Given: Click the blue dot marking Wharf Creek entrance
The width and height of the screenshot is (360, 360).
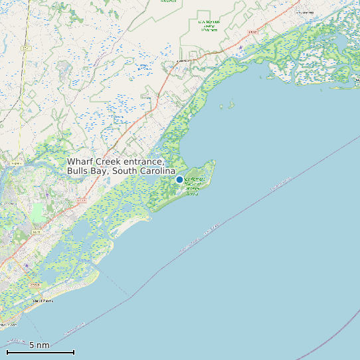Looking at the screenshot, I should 179,179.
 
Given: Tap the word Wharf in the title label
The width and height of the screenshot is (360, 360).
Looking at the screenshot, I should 80,162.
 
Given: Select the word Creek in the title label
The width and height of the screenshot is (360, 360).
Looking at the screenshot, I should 110,162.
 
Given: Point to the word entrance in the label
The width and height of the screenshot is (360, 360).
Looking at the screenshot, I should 145,162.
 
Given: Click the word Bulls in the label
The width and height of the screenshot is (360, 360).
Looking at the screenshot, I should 78,171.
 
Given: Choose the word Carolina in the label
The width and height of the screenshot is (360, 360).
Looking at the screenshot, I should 157,171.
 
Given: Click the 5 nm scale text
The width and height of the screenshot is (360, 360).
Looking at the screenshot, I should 39,345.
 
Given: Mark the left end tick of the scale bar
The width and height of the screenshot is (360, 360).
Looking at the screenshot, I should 7,352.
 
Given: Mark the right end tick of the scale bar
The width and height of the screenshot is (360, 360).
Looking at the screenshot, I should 74,352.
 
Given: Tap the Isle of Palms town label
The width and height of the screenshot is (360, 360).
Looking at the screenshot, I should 43,301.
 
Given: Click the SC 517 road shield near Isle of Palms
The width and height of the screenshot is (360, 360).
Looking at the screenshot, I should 35,286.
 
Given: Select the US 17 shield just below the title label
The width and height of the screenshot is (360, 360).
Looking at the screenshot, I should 81,199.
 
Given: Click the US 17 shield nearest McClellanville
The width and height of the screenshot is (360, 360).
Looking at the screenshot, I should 252,32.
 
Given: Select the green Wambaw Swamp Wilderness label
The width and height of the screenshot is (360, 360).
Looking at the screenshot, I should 209,25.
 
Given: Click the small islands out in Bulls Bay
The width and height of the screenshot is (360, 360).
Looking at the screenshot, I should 230,105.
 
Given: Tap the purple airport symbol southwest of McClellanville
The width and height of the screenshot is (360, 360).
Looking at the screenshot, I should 240,47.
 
